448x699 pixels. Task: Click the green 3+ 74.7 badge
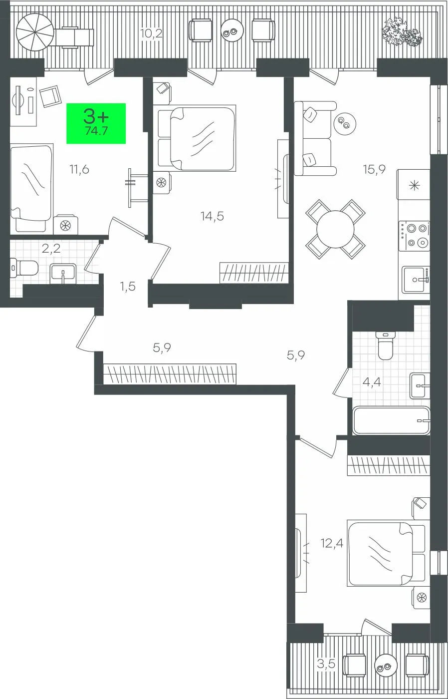pyautogui.click(x=96, y=123)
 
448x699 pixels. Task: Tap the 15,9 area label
pyautogui.click(x=374, y=169)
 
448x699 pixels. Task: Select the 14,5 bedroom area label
pyautogui.click(x=213, y=216)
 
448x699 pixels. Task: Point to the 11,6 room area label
pyautogui.click(x=79, y=169)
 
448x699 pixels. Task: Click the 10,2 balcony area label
pyautogui.click(x=151, y=33)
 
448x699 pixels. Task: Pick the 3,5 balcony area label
pyautogui.click(x=326, y=664)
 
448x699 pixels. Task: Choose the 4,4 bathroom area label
pyautogui.click(x=372, y=381)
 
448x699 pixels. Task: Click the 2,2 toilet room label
pyautogui.click(x=51, y=249)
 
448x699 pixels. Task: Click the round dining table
pyautogui.click(x=335, y=229)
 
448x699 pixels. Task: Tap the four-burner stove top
pyautogui.click(x=414, y=236)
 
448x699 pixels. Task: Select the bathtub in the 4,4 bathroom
pyautogui.click(x=391, y=420)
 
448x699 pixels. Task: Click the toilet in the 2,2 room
pyautogui.click(x=24, y=268)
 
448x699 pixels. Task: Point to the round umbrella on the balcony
pyautogui.click(x=35, y=32)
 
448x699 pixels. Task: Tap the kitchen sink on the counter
pyautogui.click(x=416, y=280)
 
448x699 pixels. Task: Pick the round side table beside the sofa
pyautogui.click(x=345, y=123)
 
